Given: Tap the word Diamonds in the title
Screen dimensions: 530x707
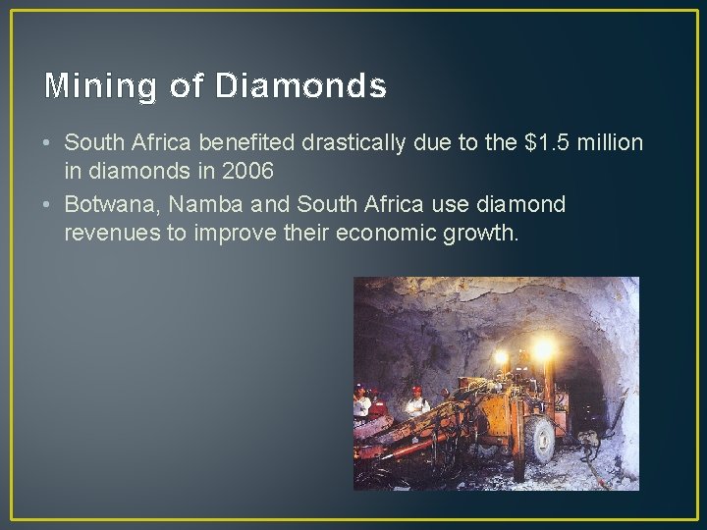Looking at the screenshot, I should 300,86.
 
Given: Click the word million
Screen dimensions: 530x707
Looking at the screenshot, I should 611,143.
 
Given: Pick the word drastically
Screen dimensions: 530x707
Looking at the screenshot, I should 353,143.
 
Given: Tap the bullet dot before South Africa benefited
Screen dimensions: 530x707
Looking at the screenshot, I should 47,144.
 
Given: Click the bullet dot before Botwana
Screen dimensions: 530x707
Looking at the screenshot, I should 47,205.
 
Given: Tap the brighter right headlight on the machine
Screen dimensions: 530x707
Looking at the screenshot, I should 543,348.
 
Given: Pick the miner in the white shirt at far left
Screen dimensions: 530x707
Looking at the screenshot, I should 363,401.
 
